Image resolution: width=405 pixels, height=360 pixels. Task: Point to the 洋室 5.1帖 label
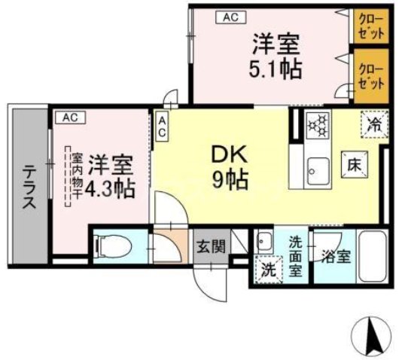click(x=276, y=56)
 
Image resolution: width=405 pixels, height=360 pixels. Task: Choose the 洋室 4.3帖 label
click(x=109, y=175)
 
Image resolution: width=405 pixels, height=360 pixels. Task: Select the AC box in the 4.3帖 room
click(x=69, y=117)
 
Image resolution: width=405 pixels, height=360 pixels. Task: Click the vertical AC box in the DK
click(x=162, y=125)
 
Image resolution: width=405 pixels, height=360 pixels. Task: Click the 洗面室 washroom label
click(x=297, y=255)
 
